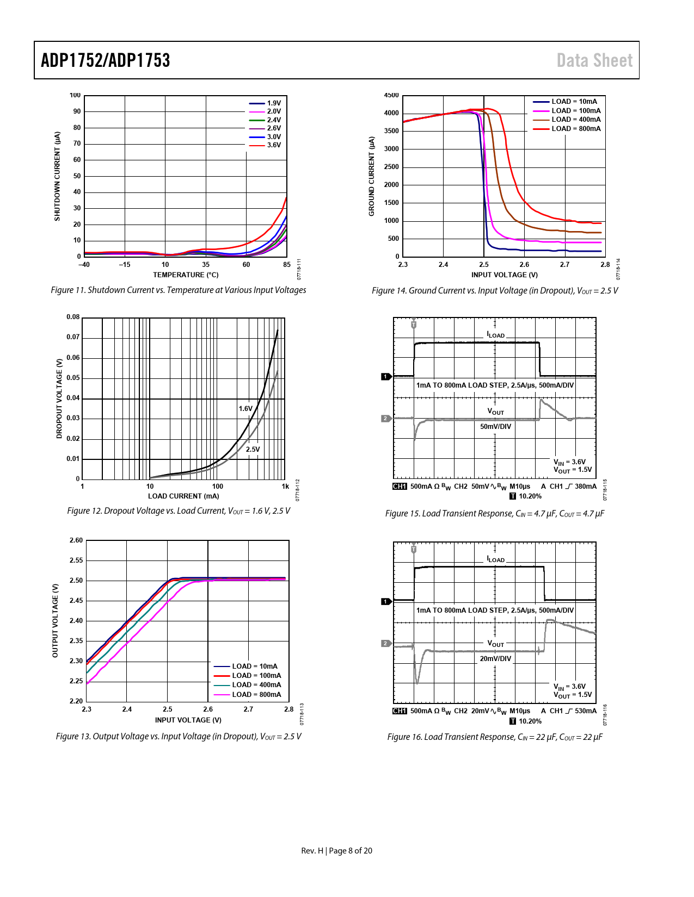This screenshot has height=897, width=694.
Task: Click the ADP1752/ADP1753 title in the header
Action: [106, 60]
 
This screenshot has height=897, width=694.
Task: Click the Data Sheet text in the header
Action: [594, 60]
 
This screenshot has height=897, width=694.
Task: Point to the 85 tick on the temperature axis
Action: [287, 265]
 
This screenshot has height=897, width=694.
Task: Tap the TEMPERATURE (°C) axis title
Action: [186, 275]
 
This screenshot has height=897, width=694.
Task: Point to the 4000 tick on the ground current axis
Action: [391, 113]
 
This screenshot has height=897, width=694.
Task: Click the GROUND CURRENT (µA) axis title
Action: [372, 176]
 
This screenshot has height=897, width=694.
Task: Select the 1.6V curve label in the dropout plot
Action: [245, 409]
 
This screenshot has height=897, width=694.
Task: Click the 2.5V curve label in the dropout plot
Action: [253, 450]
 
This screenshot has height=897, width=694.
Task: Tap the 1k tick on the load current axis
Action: [285, 487]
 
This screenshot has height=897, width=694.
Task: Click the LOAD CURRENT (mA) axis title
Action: [183, 496]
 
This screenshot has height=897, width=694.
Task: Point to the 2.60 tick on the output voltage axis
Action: [76, 540]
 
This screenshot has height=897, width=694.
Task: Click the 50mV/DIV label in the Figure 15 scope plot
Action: [495, 427]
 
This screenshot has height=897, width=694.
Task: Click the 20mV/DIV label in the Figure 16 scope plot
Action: [495, 659]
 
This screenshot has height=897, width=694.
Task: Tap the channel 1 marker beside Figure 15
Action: [386, 377]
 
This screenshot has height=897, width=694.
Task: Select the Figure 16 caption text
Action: [495, 737]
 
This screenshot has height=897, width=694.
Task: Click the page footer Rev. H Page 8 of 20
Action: [336, 851]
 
